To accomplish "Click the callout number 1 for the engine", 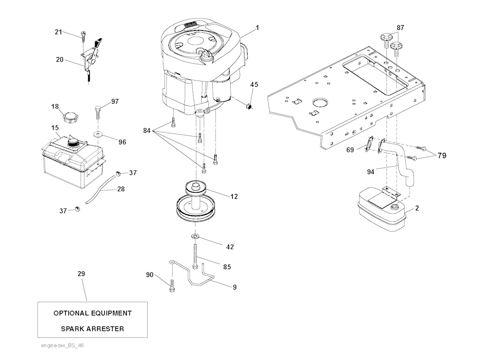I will (257, 28).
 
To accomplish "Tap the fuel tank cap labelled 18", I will (70, 116).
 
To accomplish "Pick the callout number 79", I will (441, 155).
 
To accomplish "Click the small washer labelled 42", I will (195, 236).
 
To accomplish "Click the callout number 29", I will (81, 274).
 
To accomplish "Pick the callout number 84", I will (147, 131).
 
